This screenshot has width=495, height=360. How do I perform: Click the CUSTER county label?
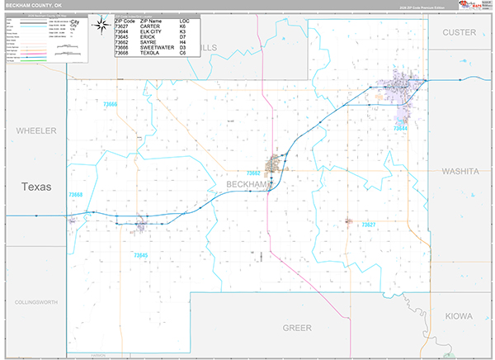[x=460, y=32]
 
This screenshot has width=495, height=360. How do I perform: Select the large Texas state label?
[x=36, y=187]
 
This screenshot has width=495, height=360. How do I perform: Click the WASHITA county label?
[x=460, y=171]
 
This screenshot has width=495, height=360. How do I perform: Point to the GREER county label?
[x=297, y=328]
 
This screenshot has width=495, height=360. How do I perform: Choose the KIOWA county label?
[x=460, y=315]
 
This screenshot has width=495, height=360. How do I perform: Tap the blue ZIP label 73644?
[x=400, y=129]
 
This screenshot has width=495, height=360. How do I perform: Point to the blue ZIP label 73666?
[x=110, y=105]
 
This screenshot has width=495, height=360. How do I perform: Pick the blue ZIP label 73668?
[x=76, y=195]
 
